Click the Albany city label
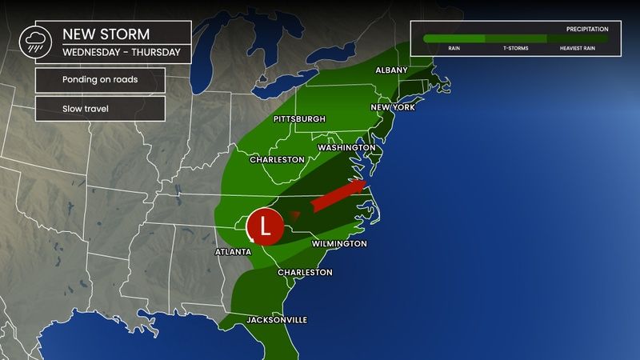(393, 71)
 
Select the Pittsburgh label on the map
(299, 119)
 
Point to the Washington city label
(346, 148)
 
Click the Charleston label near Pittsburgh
(277, 160)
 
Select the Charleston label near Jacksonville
(305, 272)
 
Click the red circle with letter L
(265, 226)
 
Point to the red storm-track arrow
(337, 198)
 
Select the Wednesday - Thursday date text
(121, 54)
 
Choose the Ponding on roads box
(100, 80)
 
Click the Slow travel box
(100, 108)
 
